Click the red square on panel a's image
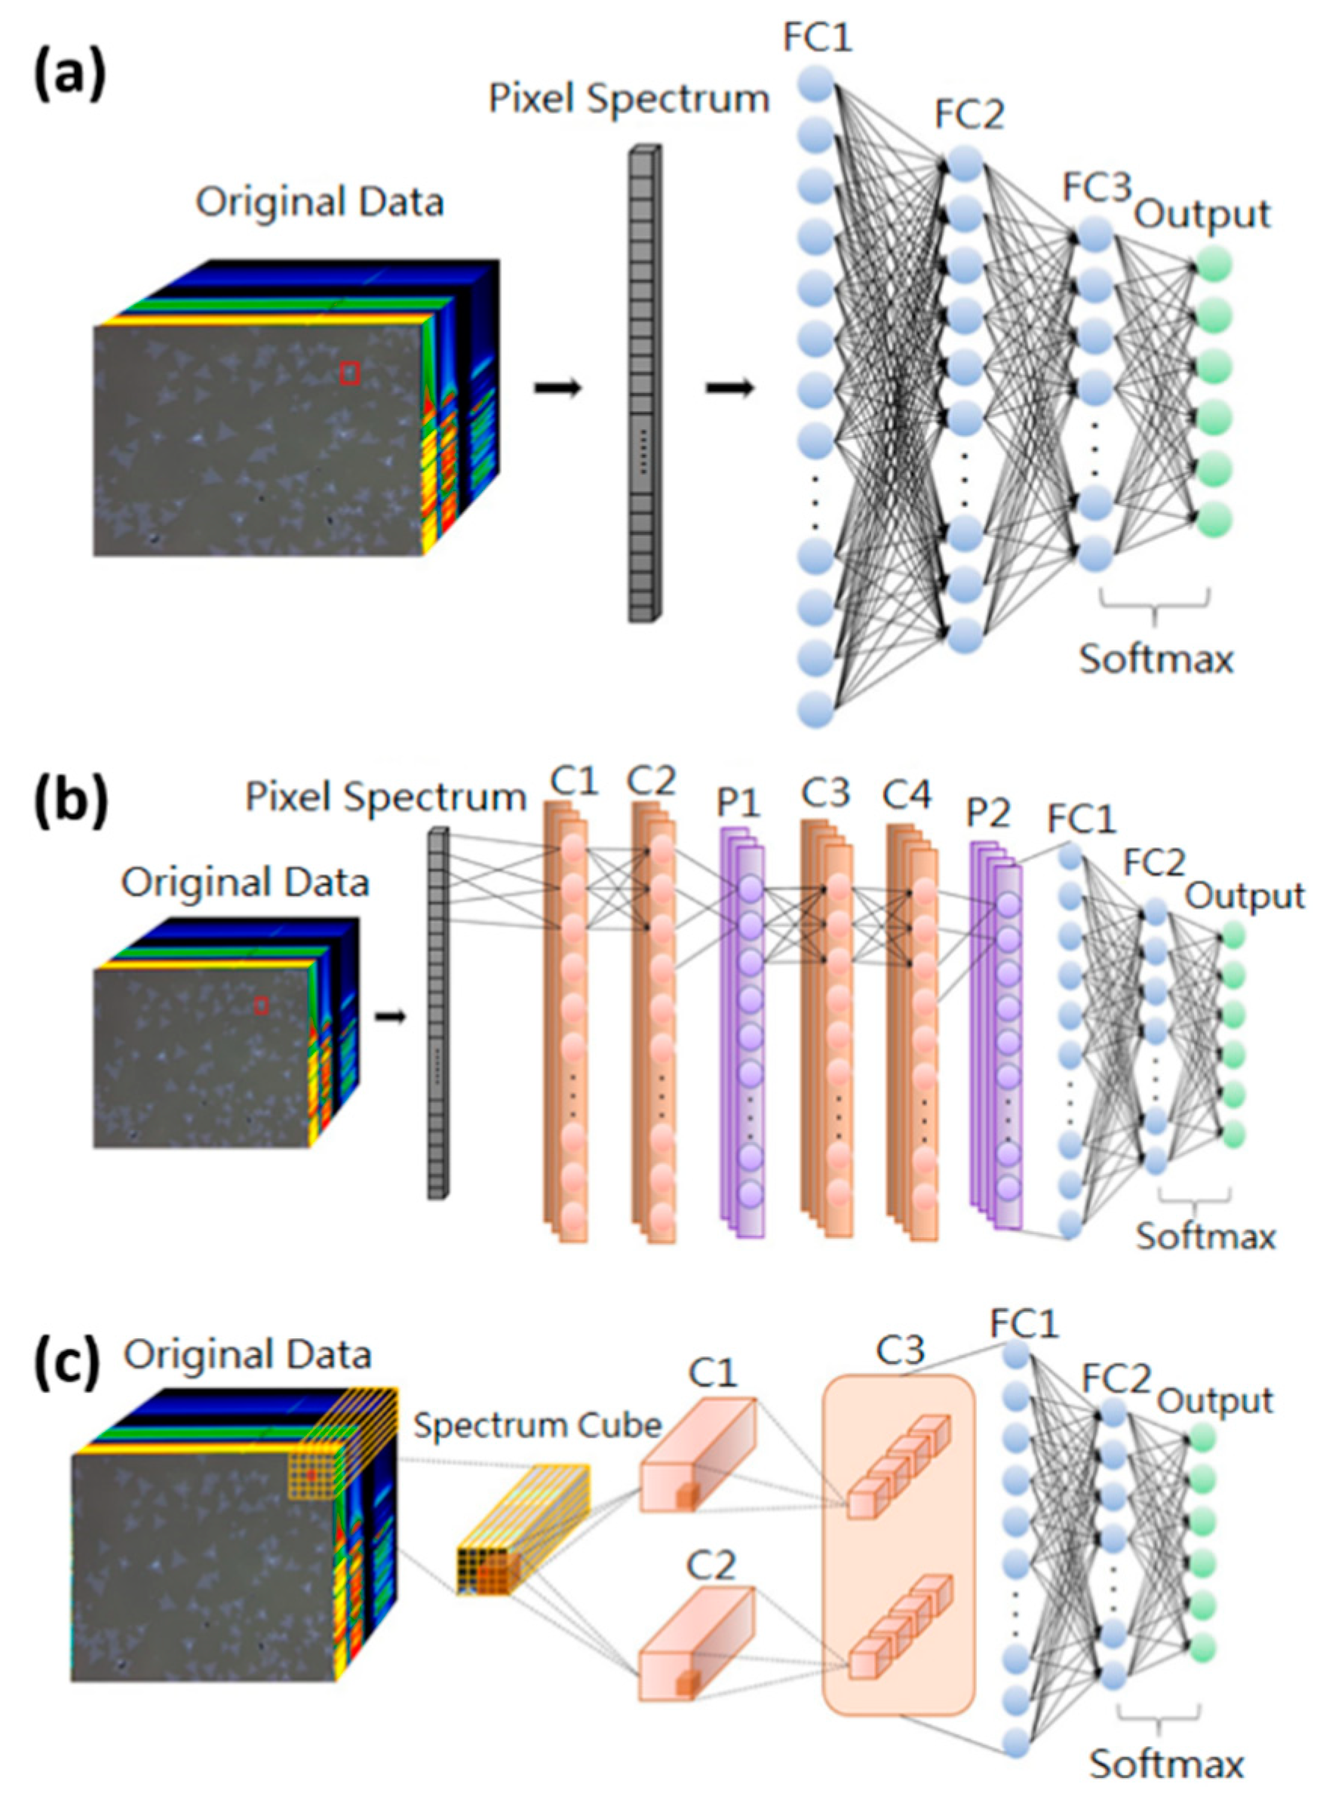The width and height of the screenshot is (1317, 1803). click(x=349, y=373)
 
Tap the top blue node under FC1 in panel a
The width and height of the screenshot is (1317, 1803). click(x=815, y=84)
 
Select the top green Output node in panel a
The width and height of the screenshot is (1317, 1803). click(x=1211, y=266)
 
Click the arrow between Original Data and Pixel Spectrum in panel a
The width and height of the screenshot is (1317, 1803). click(x=557, y=389)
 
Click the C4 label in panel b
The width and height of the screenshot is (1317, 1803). click(x=907, y=795)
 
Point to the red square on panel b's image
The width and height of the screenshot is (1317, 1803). click(x=261, y=1006)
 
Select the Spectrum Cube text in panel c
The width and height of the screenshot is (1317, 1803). click(x=537, y=1426)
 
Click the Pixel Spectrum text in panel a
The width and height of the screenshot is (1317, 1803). click(x=628, y=100)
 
